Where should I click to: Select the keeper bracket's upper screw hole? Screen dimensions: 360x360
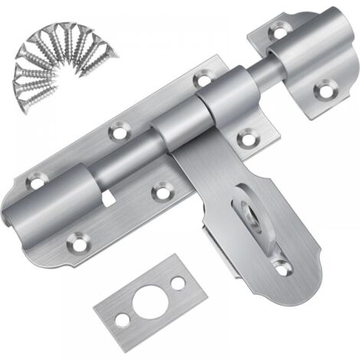[276, 33]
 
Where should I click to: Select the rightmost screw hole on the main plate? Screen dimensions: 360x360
[247, 139]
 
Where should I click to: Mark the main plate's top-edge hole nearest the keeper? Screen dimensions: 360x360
[201, 78]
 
